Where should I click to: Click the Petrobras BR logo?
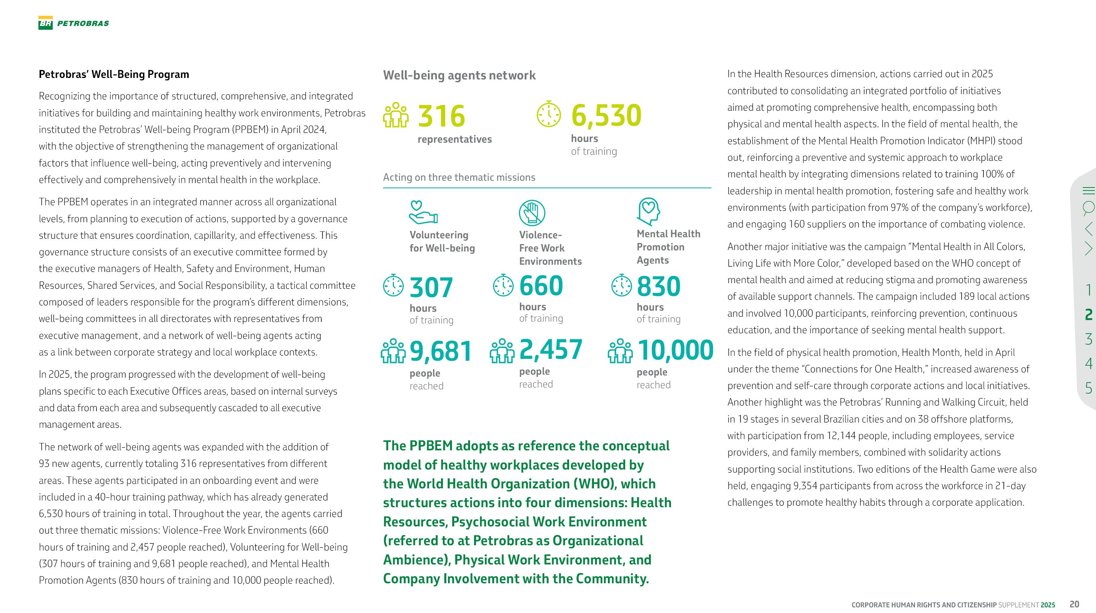coord(46,23)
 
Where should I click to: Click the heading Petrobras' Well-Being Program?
coord(114,75)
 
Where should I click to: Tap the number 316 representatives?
coord(441,116)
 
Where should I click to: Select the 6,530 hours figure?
coord(606,115)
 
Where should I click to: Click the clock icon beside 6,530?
coord(549,114)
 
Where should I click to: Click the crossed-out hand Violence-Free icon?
coord(532,213)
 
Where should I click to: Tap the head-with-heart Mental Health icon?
coord(648,211)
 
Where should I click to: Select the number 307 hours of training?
coord(431,288)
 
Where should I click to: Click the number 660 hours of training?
coord(541,286)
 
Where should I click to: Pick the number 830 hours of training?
coord(658,286)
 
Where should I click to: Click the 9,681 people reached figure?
coord(441,352)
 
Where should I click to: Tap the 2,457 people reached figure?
coord(551,350)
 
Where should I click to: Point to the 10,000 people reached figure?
coord(675,350)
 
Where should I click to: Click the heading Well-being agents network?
coord(459,75)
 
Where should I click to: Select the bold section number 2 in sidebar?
coord(1088,314)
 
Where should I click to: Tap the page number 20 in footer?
coord(1074,604)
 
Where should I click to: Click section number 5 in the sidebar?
coord(1088,387)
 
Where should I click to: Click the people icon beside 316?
coord(396,115)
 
